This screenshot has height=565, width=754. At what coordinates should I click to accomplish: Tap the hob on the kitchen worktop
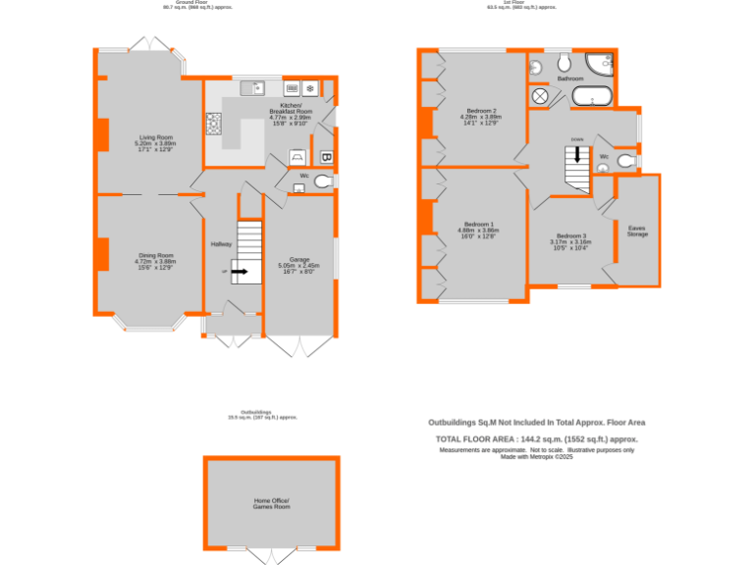tap(213, 124)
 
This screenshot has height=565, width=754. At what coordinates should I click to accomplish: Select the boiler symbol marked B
tap(326, 156)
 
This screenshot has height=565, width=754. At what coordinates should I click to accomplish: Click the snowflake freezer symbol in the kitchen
tap(310, 87)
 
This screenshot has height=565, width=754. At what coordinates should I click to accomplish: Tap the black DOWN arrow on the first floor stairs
tap(577, 153)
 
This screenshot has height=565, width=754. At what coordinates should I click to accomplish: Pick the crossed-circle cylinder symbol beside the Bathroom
tap(540, 96)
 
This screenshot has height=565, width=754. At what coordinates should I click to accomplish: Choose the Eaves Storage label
tap(637, 231)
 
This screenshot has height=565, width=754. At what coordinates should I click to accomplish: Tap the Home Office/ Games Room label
tap(272, 503)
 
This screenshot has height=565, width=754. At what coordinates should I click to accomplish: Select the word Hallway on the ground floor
tap(220, 244)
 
